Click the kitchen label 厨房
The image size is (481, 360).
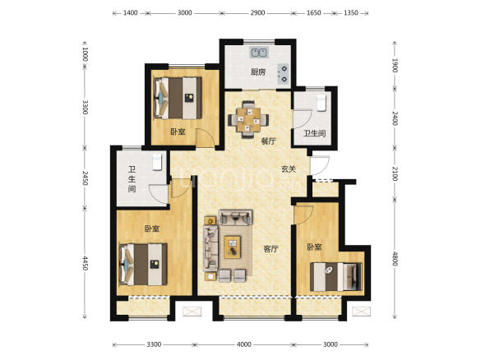click(x=258, y=72)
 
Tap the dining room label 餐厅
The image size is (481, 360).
click(x=268, y=141)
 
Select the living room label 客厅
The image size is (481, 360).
click(x=271, y=249)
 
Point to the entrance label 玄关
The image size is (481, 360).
click(x=289, y=168)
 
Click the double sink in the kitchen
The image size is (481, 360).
click(x=260, y=53)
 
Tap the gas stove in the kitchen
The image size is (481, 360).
click(x=284, y=74)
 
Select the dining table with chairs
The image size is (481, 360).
click(x=248, y=120)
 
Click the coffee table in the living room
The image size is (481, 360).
click(x=232, y=247)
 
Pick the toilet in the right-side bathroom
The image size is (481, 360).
click(x=321, y=103)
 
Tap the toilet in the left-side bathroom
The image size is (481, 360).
click(x=157, y=162)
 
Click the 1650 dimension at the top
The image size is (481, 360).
click(x=314, y=13)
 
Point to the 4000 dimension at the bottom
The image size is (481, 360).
click(x=244, y=344)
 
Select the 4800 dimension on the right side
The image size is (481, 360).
click(x=395, y=259)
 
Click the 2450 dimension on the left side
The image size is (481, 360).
click(x=85, y=178)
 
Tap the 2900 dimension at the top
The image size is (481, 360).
click(x=257, y=13)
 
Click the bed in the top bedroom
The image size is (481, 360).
click(x=178, y=98)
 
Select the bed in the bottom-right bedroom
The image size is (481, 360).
click(x=336, y=277)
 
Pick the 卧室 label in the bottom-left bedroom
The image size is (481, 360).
click(x=152, y=228)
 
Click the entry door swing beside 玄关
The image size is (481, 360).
click(x=320, y=165)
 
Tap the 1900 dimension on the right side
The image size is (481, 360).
click(x=395, y=65)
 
